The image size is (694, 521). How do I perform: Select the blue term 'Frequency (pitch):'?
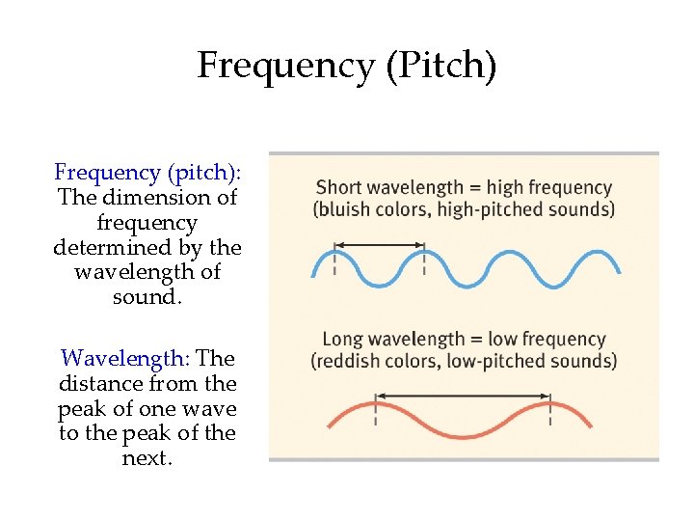[x=147, y=173]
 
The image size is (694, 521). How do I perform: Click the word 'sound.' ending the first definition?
[x=147, y=297]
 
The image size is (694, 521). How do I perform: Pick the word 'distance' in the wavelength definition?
[x=103, y=384]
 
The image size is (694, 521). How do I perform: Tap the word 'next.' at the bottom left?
[x=147, y=458]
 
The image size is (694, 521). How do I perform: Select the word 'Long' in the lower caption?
[x=342, y=340]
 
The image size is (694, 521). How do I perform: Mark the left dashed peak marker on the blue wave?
[x=334, y=260]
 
